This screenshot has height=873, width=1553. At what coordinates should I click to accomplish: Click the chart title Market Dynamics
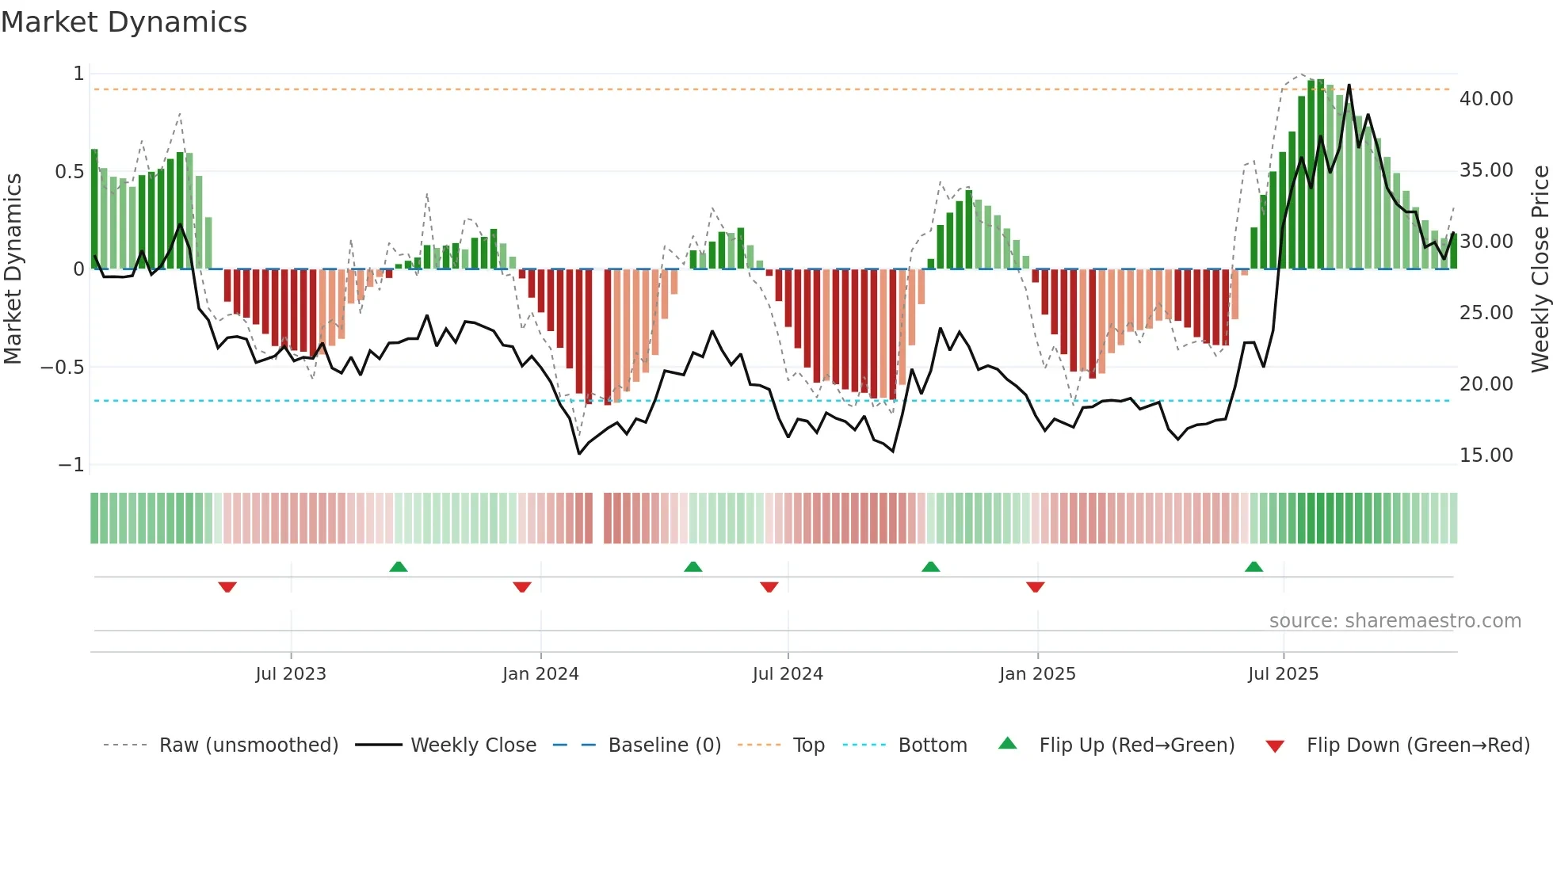[124, 22]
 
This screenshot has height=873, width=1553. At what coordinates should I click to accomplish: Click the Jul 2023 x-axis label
[291, 673]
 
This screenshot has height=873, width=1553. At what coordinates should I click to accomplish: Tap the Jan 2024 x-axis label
[540, 673]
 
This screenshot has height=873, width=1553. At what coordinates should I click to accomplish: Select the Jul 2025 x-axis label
[1283, 673]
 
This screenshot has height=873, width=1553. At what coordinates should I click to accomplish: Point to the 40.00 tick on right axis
[1486, 99]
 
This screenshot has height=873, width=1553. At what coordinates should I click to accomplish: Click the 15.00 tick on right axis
[1486, 456]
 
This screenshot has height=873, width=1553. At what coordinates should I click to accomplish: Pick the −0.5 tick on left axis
[63, 368]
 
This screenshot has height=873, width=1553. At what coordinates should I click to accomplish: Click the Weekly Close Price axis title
[1540, 269]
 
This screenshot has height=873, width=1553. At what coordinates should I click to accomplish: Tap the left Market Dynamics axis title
[13, 269]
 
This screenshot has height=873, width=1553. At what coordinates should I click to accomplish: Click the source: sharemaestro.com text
[1395, 621]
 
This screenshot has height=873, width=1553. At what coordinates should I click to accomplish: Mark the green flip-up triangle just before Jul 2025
[1253, 567]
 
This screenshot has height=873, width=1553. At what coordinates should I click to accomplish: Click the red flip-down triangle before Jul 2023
[227, 586]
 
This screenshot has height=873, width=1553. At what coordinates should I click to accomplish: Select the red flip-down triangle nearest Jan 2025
[1035, 586]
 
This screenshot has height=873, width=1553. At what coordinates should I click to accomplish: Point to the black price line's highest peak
[1349, 86]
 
